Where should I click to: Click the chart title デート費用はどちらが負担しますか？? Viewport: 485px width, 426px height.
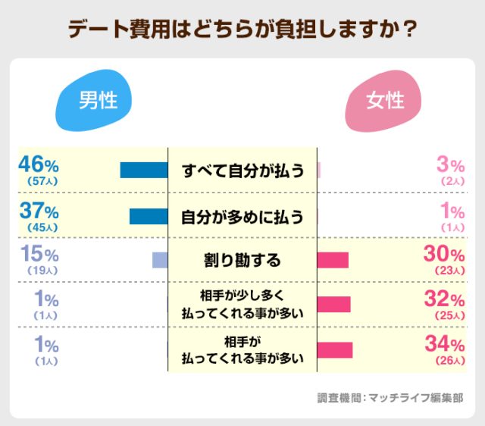[x=242, y=29]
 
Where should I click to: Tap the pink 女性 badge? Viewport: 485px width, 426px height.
[x=385, y=101]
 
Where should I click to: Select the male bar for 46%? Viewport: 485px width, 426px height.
[x=144, y=171]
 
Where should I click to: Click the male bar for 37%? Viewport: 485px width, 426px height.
[x=149, y=216]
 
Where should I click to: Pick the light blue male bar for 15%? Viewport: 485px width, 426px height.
[x=160, y=260]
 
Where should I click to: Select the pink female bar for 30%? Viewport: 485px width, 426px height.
[x=333, y=260]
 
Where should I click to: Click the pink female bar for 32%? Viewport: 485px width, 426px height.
[x=334, y=304]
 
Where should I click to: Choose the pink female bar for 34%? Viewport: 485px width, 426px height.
[x=335, y=349]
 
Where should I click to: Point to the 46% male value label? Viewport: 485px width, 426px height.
[x=38, y=164]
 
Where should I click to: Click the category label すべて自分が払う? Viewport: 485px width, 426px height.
[x=242, y=171]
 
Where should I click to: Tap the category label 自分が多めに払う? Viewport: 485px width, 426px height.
[x=242, y=216]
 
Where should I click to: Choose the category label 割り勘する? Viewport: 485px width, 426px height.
[x=242, y=260]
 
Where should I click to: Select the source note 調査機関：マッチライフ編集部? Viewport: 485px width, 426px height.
[x=390, y=397]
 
